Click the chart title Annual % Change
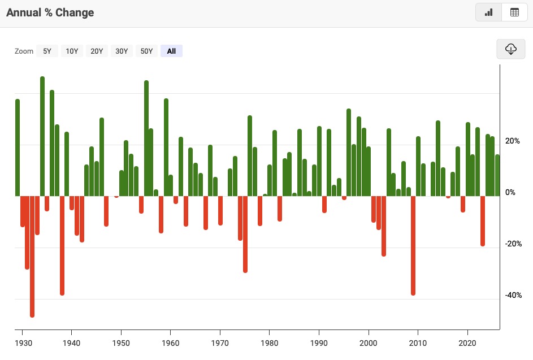click(x=50, y=12)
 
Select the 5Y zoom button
click(x=47, y=51)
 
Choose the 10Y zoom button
click(x=72, y=51)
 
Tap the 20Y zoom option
click(x=97, y=51)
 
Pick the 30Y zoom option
click(x=122, y=51)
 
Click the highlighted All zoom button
click(x=171, y=51)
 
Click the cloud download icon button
click(x=510, y=49)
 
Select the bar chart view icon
click(x=489, y=12)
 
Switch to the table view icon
click(x=514, y=12)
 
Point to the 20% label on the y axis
click(x=513, y=141)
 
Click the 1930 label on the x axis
click(x=23, y=343)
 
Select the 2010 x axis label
click(x=418, y=343)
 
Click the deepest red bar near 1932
click(x=32, y=257)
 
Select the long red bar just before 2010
click(x=413, y=246)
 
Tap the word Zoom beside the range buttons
click(x=24, y=51)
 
